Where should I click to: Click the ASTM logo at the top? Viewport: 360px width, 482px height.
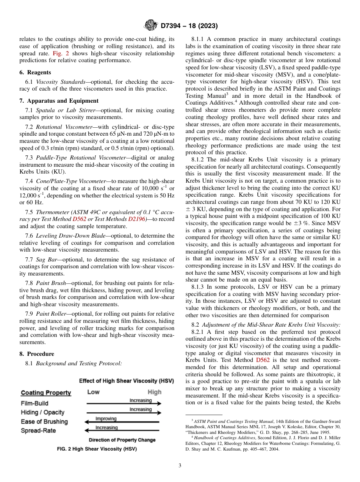(151, 25)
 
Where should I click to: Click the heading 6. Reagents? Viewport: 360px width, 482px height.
(35, 72)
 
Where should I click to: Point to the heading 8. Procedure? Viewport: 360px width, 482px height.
(37, 354)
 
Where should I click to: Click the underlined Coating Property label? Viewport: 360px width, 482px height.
(46, 393)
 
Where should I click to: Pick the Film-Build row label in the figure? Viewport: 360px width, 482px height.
(34, 404)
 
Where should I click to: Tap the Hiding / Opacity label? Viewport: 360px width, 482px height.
(42, 413)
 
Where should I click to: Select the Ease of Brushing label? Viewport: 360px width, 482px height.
(44, 422)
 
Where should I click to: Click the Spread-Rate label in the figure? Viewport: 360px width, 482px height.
(38, 431)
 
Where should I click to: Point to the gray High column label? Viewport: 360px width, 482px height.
(154, 392)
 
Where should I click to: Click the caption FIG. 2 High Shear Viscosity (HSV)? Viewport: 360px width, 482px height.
(97, 449)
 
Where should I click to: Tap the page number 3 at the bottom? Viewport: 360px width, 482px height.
(180, 466)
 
